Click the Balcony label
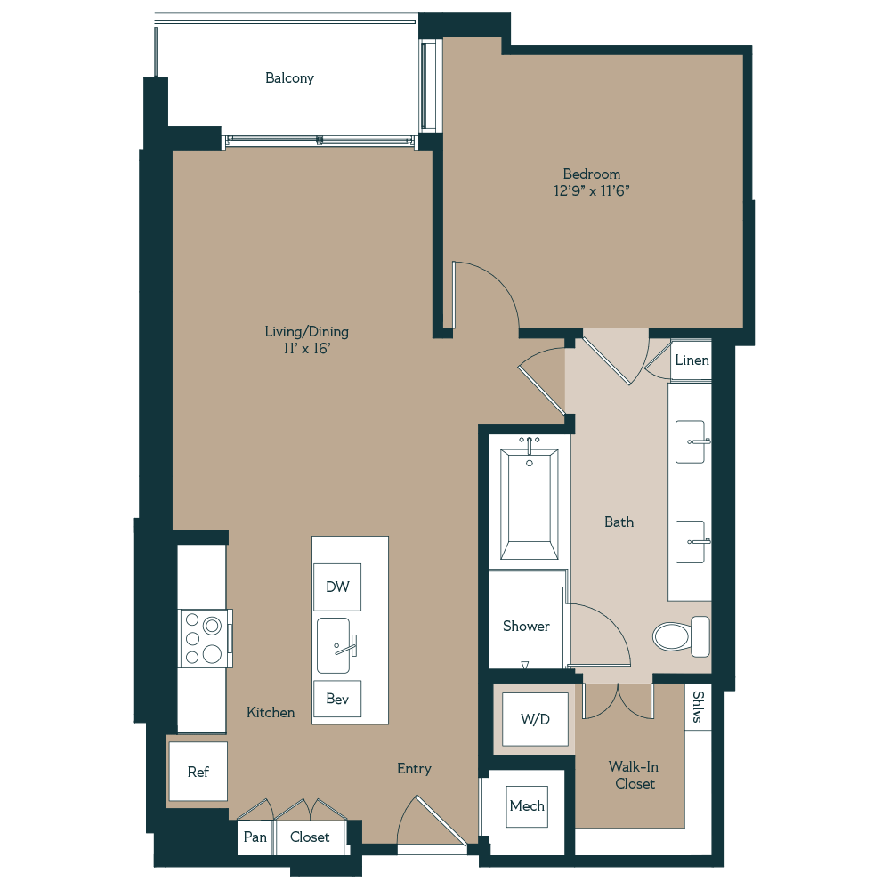[x=289, y=78]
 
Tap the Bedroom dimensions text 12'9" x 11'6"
[x=591, y=190]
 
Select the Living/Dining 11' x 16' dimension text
[x=307, y=349]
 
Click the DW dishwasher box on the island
[x=337, y=587]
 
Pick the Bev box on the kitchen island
[x=337, y=700]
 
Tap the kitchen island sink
[x=336, y=645]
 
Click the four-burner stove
[x=203, y=639]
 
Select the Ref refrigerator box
[x=198, y=772]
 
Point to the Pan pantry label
[x=255, y=837]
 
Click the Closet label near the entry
[x=310, y=837]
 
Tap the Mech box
[x=527, y=806]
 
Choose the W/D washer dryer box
[x=535, y=718]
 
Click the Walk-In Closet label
[x=634, y=775]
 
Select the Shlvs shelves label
[x=698, y=708]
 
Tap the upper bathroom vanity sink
[x=691, y=441]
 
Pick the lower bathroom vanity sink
[x=691, y=542]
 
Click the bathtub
[x=529, y=504]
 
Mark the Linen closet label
[x=692, y=360]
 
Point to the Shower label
[x=526, y=627]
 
